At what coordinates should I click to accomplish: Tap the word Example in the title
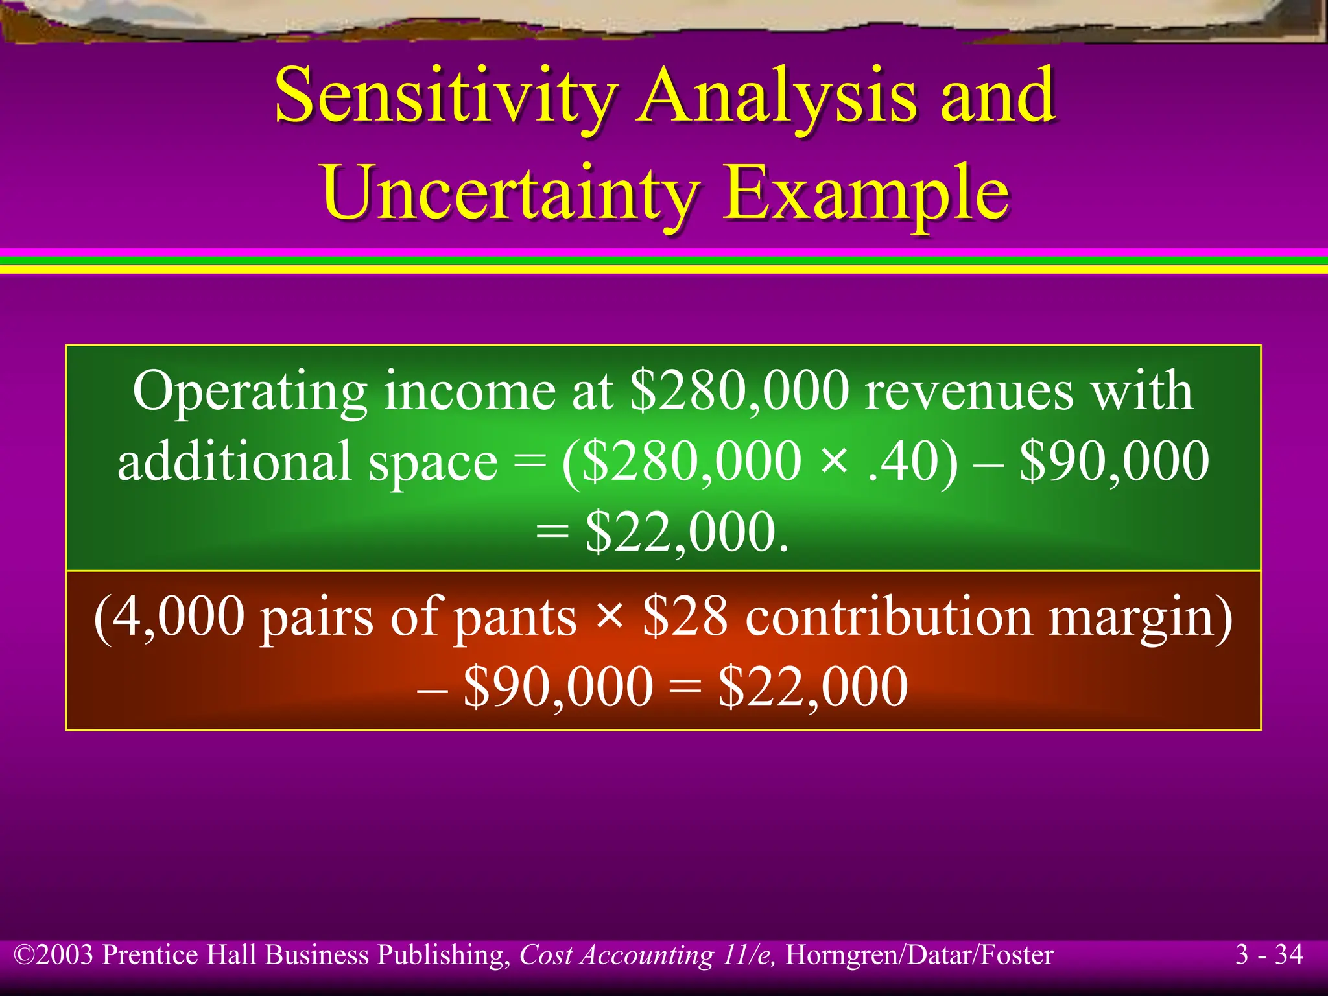866,193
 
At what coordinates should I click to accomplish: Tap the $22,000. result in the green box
687,532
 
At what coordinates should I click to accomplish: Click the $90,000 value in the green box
1114,462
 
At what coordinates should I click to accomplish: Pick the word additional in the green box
235,462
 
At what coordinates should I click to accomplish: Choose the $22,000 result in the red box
813,687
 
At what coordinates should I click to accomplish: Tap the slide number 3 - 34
1268,954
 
